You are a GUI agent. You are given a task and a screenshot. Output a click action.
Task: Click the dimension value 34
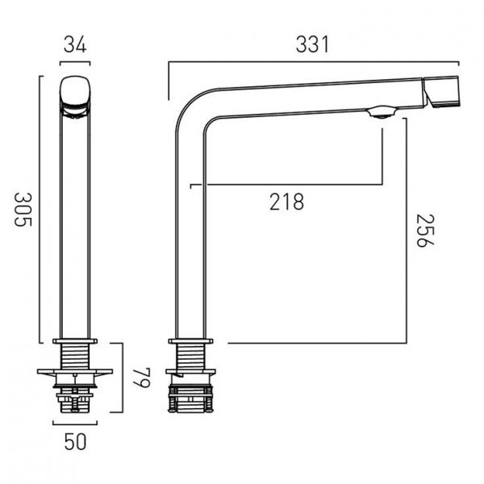pyautogui.click(x=75, y=44)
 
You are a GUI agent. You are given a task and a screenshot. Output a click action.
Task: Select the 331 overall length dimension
pyautogui.click(x=313, y=44)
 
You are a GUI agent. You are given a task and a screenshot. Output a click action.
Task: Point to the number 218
pyautogui.click(x=286, y=202)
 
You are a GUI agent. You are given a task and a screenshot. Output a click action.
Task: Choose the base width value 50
pyautogui.click(x=75, y=441)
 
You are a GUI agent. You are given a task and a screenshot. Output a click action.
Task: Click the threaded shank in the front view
pyautogui.click(x=75, y=356)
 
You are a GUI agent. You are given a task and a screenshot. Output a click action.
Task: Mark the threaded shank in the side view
pyautogui.click(x=190, y=356)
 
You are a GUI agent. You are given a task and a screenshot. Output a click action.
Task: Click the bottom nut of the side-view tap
pyautogui.click(x=190, y=400)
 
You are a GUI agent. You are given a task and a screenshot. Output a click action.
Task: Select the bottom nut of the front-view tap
pyautogui.click(x=75, y=398)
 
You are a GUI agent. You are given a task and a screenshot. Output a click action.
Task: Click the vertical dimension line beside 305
pyautogui.click(x=40, y=210)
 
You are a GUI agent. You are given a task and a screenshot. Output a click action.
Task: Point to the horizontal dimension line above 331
pyautogui.click(x=313, y=61)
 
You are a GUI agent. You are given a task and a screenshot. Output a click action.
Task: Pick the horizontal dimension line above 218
pyautogui.click(x=286, y=185)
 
